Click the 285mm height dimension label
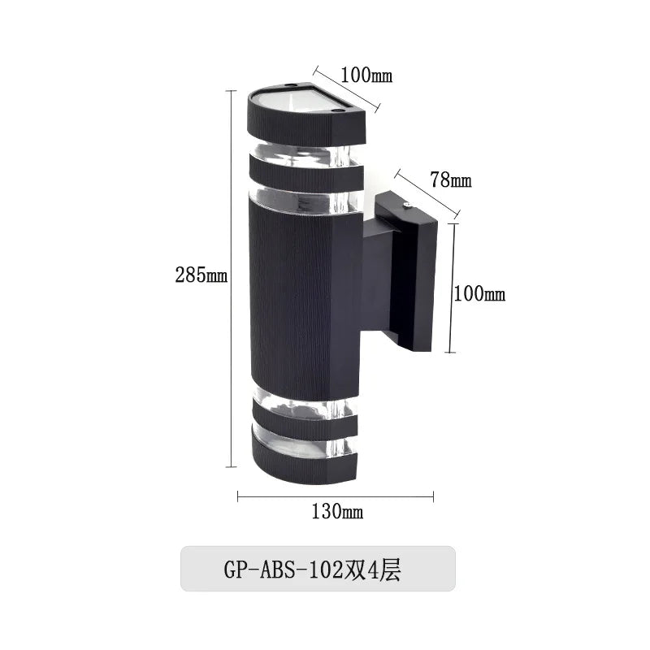[x=201, y=275]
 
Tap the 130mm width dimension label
[x=337, y=512]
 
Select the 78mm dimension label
[x=451, y=180]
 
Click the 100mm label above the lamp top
[x=366, y=75]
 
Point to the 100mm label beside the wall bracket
[x=479, y=294]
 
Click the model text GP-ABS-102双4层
[x=312, y=570]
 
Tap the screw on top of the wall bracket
[x=408, y=204]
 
